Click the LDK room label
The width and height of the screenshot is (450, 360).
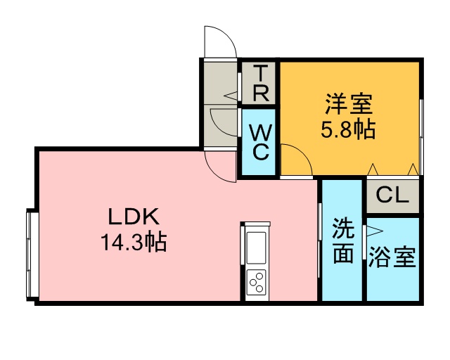pos(134,217)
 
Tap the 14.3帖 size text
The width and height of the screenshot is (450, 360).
pos(134,242)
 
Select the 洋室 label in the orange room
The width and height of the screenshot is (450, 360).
pos(349,104)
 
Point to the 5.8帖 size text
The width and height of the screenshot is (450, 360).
pos(348,129)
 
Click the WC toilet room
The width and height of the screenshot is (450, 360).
pos(259,142)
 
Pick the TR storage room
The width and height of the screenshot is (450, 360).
pos(259,83)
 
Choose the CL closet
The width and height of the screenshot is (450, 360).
pos(392,195)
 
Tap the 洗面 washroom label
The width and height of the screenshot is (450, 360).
pos(342,240)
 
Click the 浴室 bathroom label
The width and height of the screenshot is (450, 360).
pos(392,257)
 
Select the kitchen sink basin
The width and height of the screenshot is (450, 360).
pos(256,247)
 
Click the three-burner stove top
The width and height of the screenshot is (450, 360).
pos(256,282)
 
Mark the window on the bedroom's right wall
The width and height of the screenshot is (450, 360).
pos(421,137)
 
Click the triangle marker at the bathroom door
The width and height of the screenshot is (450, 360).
pos(375,231)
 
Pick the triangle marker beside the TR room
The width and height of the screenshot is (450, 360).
pos(231,96)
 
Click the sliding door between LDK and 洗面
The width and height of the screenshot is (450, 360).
pos(319,240)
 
